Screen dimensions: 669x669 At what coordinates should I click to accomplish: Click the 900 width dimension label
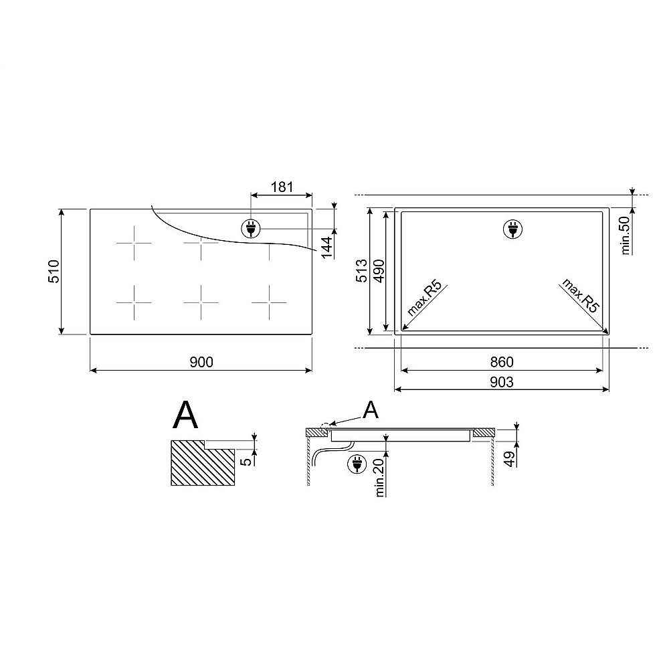201,362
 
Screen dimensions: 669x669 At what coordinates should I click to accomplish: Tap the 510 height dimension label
54,272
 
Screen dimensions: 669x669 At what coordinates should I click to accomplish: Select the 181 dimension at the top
282,187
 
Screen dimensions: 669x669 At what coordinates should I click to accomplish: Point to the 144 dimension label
327,248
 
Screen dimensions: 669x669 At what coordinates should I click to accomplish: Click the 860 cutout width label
502,362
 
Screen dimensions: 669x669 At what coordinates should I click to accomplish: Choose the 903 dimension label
502,382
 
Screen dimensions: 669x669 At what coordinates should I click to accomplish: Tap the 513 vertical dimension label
361,270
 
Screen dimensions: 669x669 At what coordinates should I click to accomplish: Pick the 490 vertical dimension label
379,270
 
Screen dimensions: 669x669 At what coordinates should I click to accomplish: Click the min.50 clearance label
626,235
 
